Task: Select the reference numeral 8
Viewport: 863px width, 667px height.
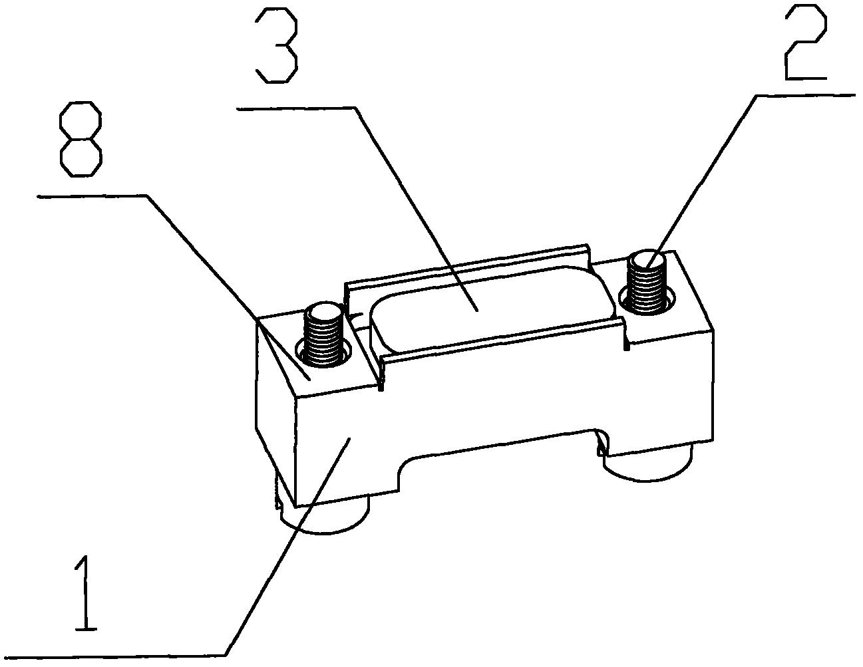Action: coord(81,139)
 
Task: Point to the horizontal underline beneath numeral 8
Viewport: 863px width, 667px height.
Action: coord(92,196)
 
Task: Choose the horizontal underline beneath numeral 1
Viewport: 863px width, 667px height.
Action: coord(114,656)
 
